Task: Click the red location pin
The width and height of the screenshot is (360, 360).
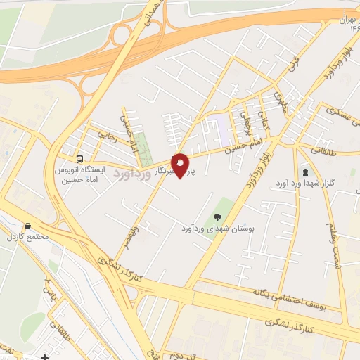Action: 181,165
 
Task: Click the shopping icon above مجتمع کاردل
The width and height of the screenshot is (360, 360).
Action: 27,226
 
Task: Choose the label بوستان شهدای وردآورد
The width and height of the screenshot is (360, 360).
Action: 218,229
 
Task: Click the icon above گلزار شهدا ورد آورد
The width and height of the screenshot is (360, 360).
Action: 304,171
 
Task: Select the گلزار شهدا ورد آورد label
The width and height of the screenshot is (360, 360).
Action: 325,183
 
